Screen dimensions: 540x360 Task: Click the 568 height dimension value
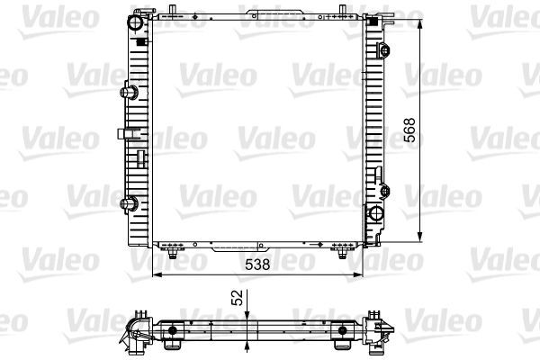pos(409,130)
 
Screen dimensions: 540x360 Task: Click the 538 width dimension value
pos(257,265)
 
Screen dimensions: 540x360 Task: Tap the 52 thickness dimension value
pos(238,297)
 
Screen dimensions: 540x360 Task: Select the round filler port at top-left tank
pos(135,22)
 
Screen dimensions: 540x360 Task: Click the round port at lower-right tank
pos(375,213)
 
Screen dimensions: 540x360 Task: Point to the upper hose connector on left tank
pos(129,93)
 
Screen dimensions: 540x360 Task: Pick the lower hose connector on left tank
pos(129,203)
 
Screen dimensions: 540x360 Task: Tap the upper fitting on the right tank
pos(383,50)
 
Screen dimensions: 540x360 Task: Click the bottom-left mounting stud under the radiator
pos(173,254)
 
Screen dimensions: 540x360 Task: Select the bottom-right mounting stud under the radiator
pos(342,254)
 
